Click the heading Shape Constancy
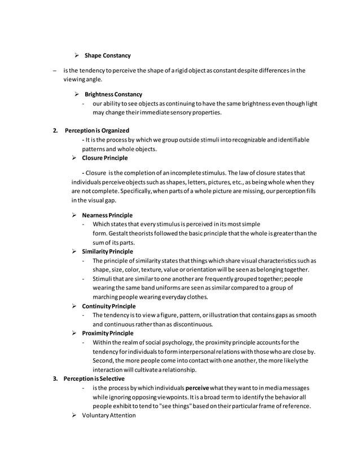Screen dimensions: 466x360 (x=107, y=55)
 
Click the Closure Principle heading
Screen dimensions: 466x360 (x=105, y=158)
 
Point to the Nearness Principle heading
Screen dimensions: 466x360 (x=107, y=216)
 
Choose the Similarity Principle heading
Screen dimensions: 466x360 (x=107, y=251)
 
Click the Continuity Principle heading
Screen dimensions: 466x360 (x=108, y=306)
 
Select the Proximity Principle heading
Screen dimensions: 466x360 (x=107, y=333)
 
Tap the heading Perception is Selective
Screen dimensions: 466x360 (x=94, y=379)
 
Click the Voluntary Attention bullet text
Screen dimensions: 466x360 (x=109, y=416)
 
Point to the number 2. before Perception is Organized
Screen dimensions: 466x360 (x=55, y=130)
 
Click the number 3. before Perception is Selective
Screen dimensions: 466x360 (x=55, y=379)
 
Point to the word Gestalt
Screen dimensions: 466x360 (x=115, y=234)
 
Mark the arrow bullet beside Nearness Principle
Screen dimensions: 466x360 (x=74, y=216)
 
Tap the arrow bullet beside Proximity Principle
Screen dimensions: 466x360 (x=74, y=333)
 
